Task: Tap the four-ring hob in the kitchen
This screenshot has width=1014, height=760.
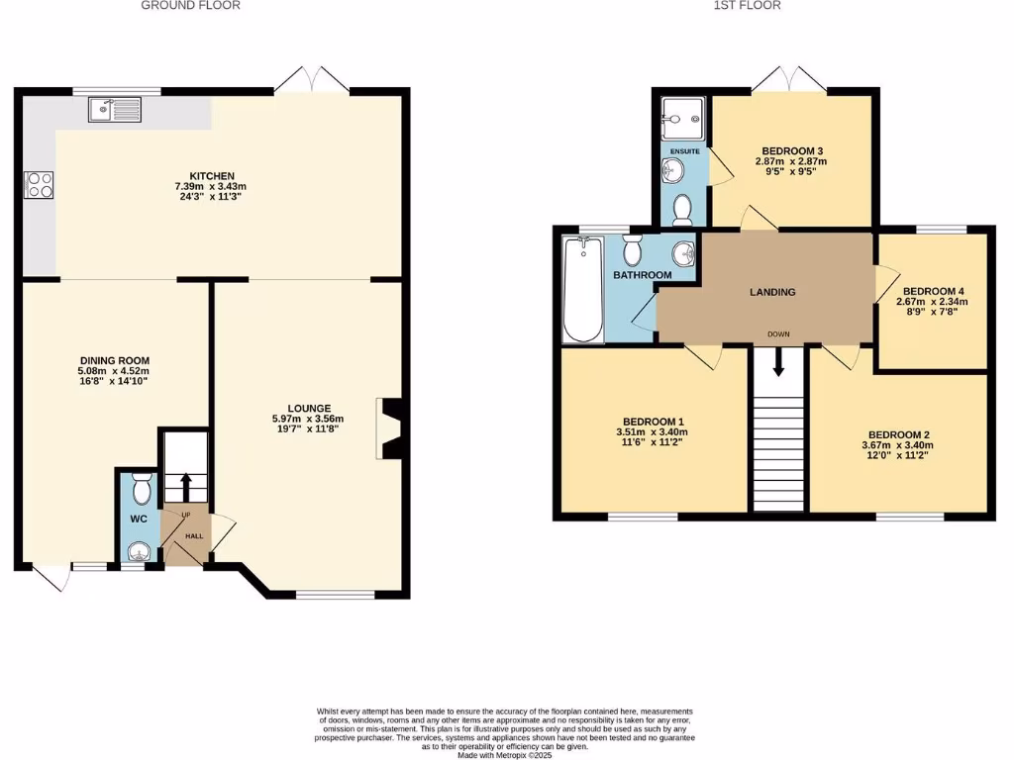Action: [x=39, y=185]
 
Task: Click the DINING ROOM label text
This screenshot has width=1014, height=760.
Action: [x=114, y=360]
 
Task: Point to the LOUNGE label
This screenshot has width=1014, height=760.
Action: [x=309, y=408]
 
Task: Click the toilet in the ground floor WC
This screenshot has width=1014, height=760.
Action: [x=141, y=489]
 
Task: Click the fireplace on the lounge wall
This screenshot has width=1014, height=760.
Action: [x=389, y=428]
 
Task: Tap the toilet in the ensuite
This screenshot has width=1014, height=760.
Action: [x=681, y=209]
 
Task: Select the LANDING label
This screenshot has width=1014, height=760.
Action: [x=772, y=292]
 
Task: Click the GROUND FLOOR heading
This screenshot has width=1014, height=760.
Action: [x=190, y=6]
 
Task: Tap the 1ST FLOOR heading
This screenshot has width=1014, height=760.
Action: [x=747, y=6]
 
